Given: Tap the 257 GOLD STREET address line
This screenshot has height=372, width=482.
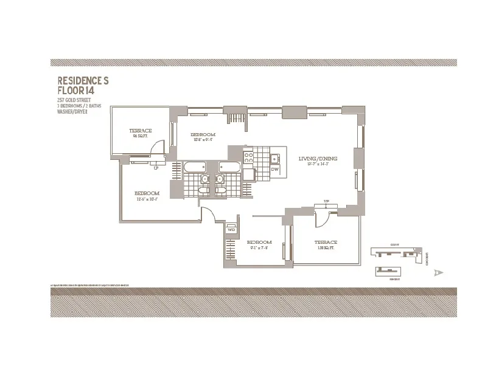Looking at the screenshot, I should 74,99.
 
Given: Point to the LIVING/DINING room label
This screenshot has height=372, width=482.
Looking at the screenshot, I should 317,159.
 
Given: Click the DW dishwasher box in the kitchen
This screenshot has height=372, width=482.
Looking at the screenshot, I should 274,168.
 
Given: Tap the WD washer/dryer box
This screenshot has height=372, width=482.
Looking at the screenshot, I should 231,230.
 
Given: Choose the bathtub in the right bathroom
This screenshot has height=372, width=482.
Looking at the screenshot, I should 229,167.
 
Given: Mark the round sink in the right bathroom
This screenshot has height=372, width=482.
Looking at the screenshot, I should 219,179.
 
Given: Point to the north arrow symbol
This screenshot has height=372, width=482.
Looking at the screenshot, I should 436,273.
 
